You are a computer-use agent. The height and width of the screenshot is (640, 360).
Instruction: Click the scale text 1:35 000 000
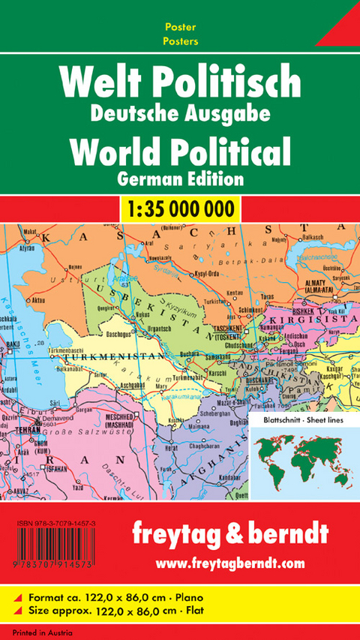point(180,208)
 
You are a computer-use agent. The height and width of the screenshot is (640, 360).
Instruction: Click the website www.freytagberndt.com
point(241,560)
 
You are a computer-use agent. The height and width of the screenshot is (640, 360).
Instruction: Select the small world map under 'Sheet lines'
point(304,455)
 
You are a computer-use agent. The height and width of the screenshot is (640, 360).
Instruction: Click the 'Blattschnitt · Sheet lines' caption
point(303,421)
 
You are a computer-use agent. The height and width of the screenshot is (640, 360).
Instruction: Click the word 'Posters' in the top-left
point(175,42)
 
